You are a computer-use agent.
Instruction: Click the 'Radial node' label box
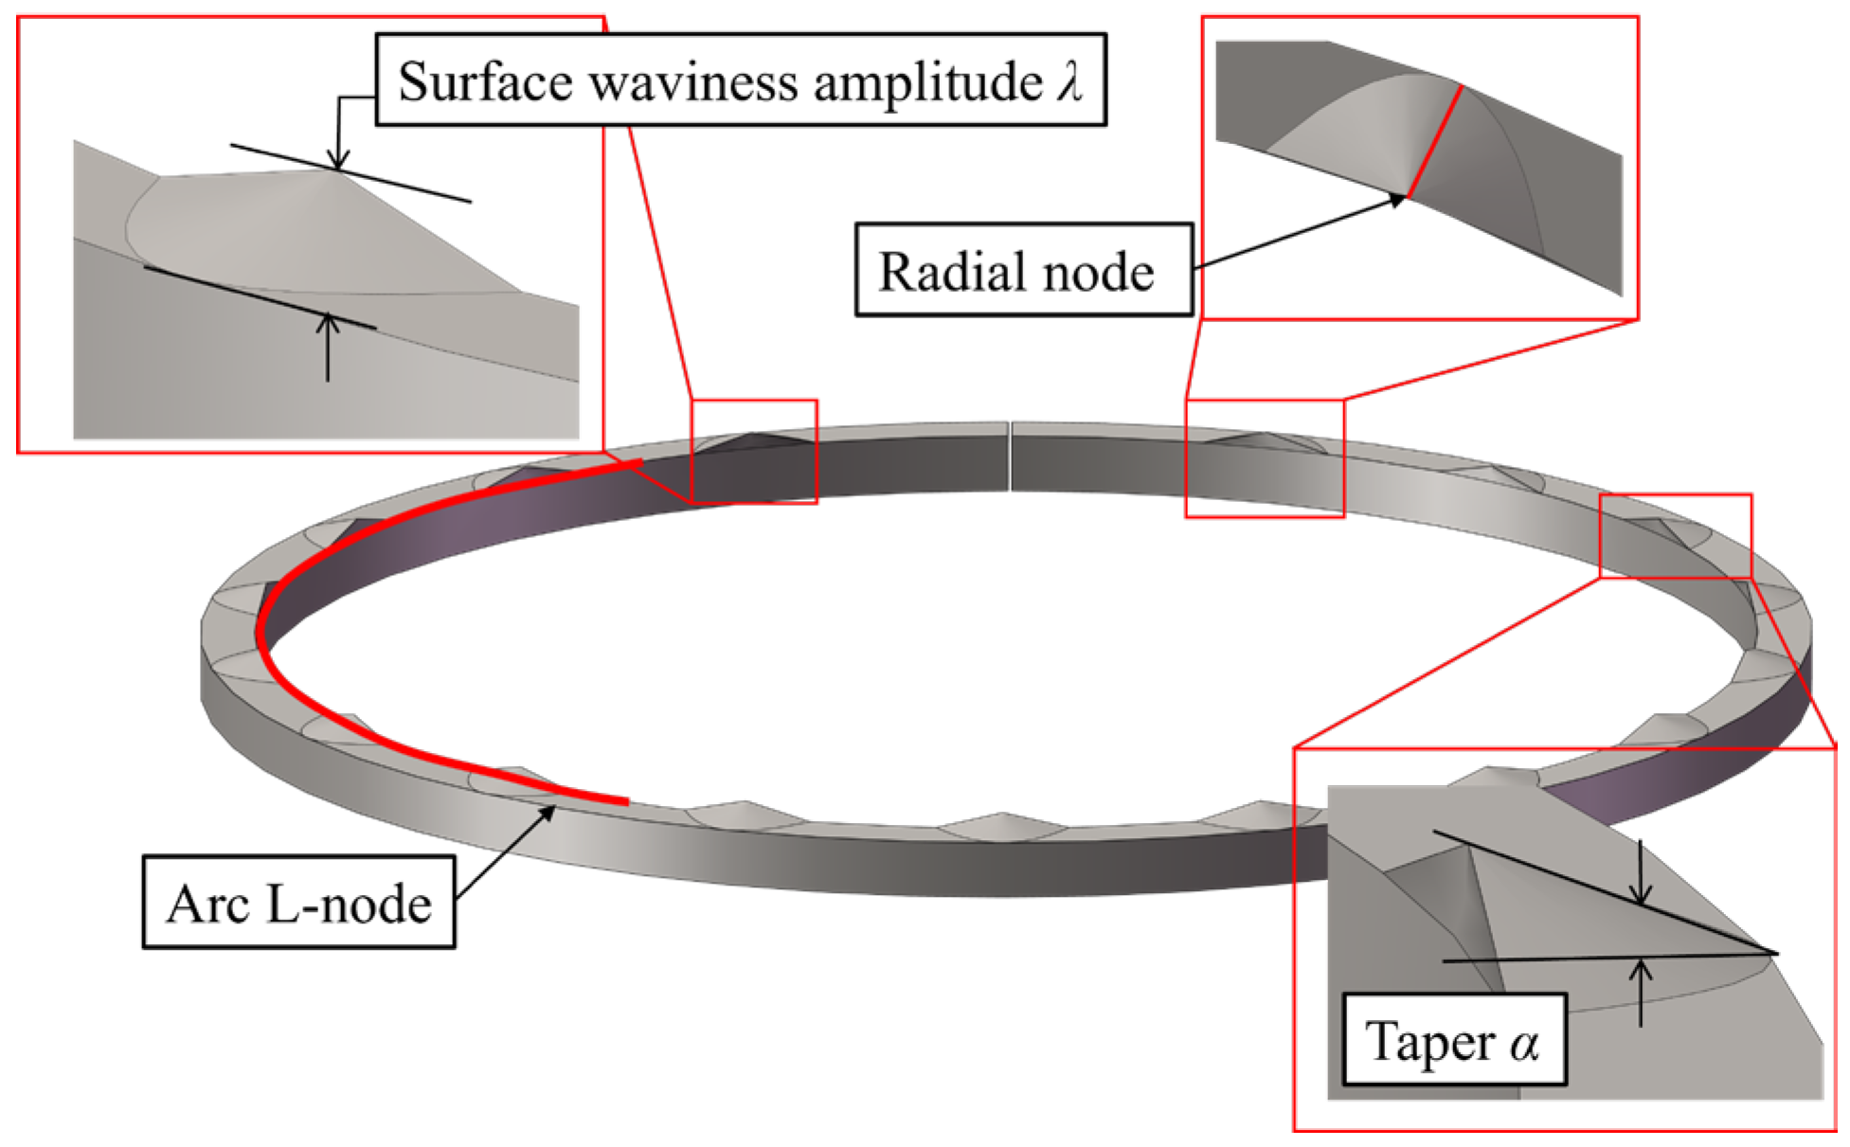click(1023, 270)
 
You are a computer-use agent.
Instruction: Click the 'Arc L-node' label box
click(298, 902)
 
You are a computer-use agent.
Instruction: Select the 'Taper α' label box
click(1454, 1039)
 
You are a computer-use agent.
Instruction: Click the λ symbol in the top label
click(1070, 80)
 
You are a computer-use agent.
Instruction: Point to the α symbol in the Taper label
click(1523, 1044)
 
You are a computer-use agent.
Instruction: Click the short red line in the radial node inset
click(1434, 141)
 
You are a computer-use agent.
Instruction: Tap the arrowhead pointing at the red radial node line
click(1397, 199)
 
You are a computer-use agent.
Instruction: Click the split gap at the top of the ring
click(1010, 457)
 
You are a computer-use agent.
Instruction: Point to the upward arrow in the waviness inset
click(328, 347)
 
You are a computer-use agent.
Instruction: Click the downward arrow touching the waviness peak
click(337, 133)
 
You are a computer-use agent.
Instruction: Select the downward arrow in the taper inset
click(1642, 871)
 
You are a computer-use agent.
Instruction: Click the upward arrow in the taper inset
click(1642, 993)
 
